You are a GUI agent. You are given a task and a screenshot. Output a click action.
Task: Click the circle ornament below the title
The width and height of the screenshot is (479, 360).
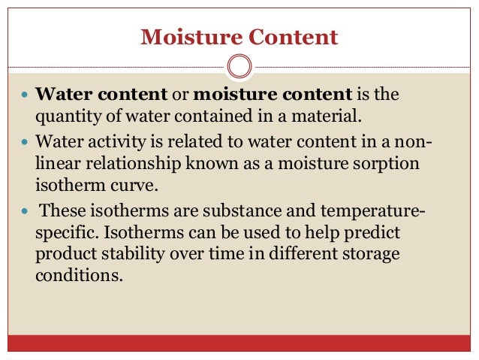239,67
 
